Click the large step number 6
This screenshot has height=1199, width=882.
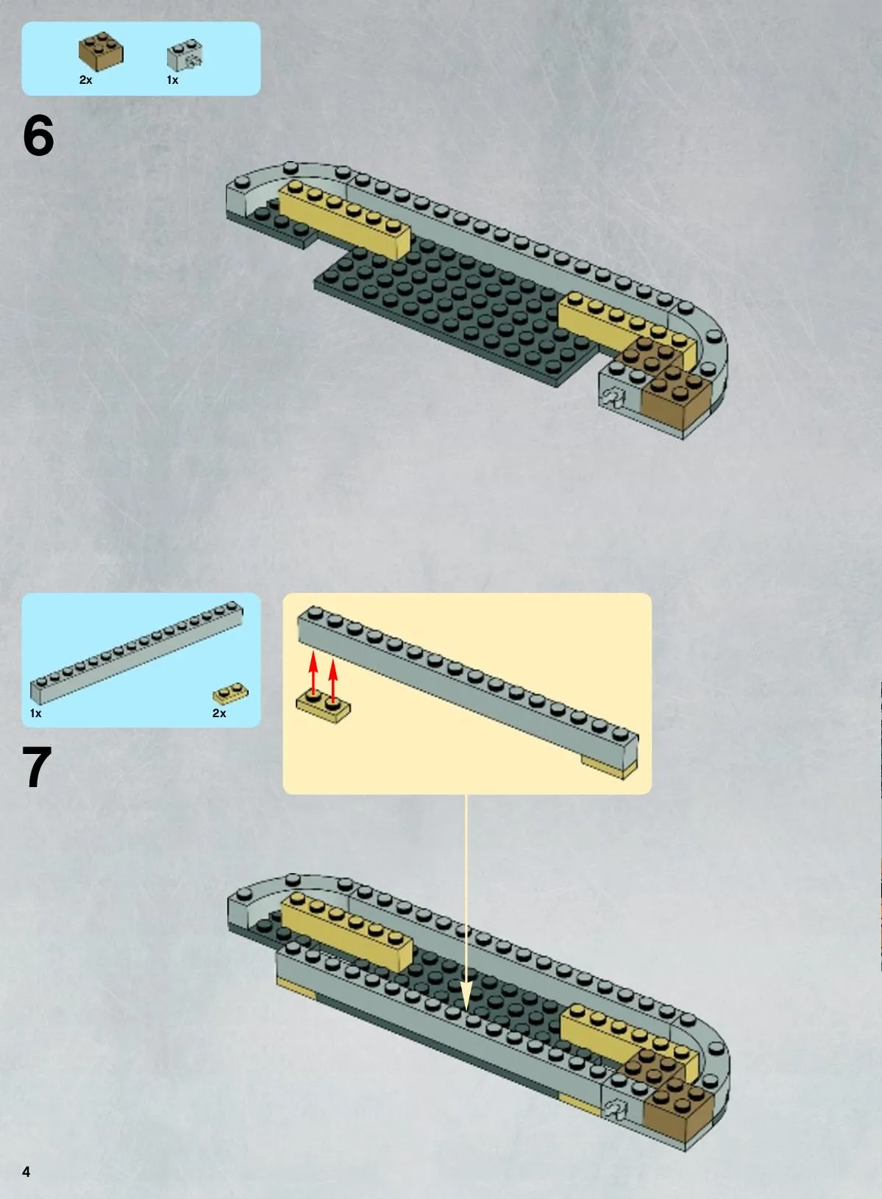tap(38, 136)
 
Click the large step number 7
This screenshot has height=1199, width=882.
tap(37, 766)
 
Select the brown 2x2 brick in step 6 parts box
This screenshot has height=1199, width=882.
tap(102, 51)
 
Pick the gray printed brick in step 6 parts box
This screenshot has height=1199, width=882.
tap(185, 54)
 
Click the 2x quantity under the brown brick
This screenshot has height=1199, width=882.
tap(85, 79)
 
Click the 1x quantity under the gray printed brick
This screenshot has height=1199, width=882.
tap(172, 79)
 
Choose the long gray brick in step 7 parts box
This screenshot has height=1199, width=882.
tap(137, 652)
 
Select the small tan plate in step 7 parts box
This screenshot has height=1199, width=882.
tap(231, 693)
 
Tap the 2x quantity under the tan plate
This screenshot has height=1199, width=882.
tap(219, 713)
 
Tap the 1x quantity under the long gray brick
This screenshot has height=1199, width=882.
tap(36, 713)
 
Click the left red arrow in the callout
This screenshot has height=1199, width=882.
tap(313, 676)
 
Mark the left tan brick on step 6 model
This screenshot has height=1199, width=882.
tap(345, 219)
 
